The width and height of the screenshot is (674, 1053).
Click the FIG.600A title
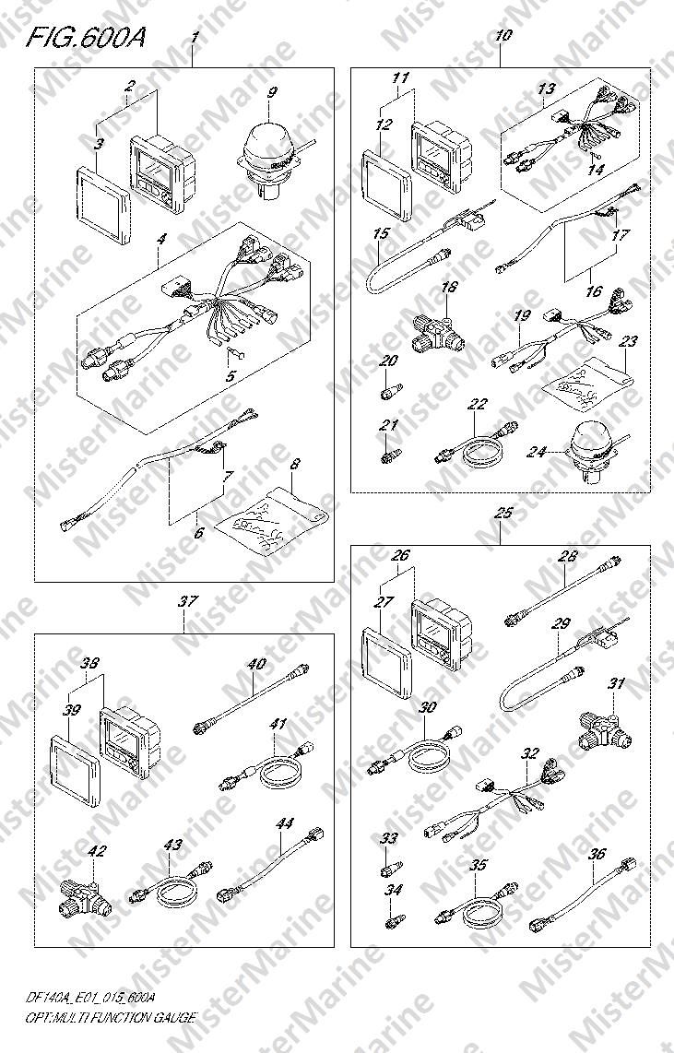tap(85, 40)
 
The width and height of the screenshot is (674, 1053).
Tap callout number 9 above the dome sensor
tap(270, 92)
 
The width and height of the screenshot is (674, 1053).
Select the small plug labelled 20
tap(389, 390)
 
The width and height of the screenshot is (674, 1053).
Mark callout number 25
tap(503, 513)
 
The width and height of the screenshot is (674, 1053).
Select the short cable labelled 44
tap(270, 866)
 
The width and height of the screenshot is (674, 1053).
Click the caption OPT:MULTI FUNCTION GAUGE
tap(110, 1017)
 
